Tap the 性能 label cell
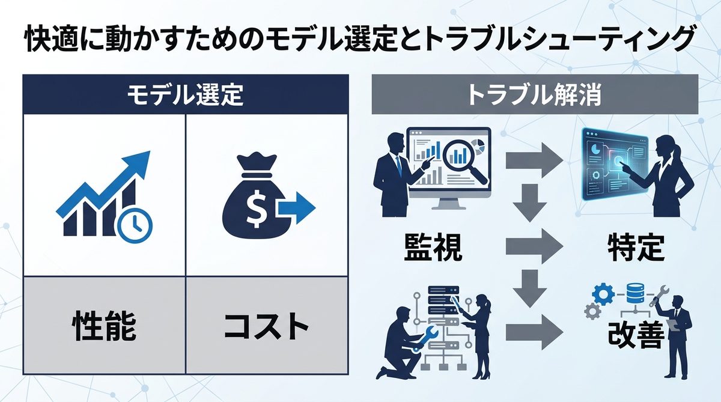click(104, 326)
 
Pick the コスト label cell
click(266, 326)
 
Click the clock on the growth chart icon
click(136, 225)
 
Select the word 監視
click(433, 247)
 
